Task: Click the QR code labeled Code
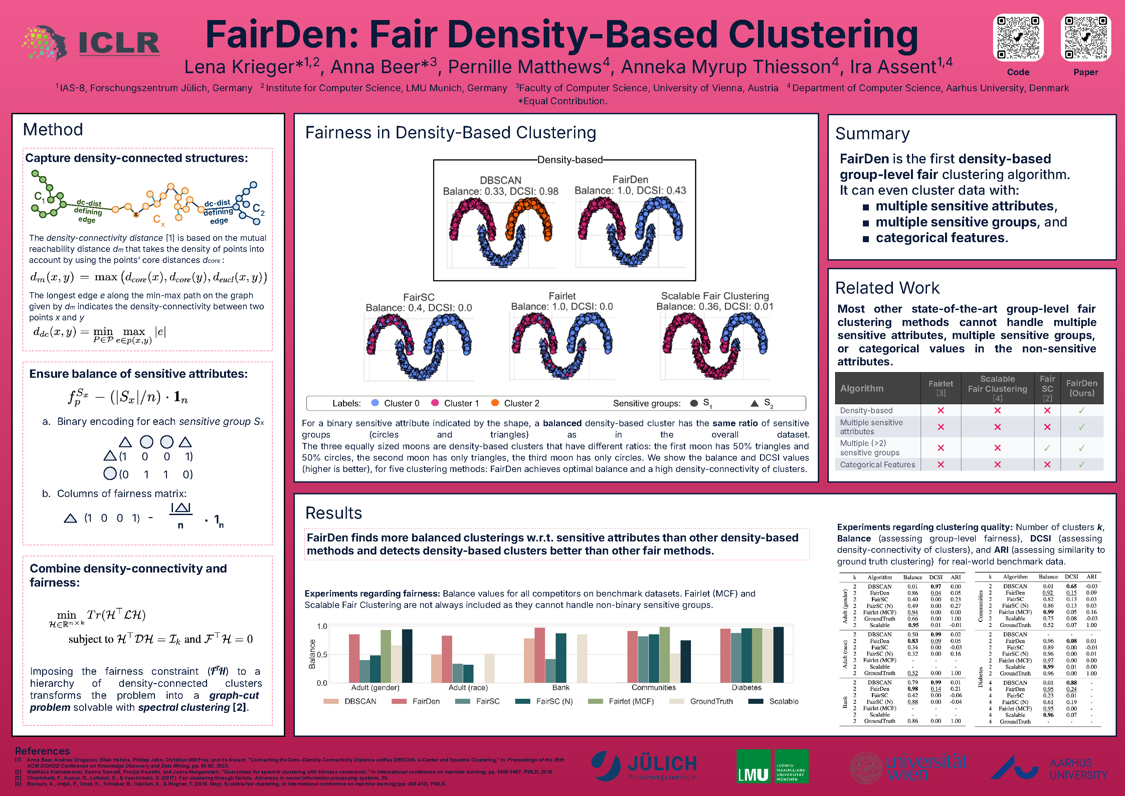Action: (1018, 38)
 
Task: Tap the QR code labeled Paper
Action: (1085, 38)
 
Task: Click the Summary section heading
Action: (872, 133)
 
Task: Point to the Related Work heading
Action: (887, 288)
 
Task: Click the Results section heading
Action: (333, 513)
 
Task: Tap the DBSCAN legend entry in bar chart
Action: (360, 701)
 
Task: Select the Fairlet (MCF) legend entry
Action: (630, 701)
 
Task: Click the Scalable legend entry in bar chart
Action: (783, 701)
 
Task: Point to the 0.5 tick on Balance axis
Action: (322, 654)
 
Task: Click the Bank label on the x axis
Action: (561, 688)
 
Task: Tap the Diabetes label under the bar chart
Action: (746, 688)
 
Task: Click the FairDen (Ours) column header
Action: (1081, 388)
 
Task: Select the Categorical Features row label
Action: (877, 465)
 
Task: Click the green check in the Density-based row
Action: (1081, 410)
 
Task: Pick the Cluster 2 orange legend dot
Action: (495, 403)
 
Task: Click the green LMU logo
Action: (772, 766)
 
